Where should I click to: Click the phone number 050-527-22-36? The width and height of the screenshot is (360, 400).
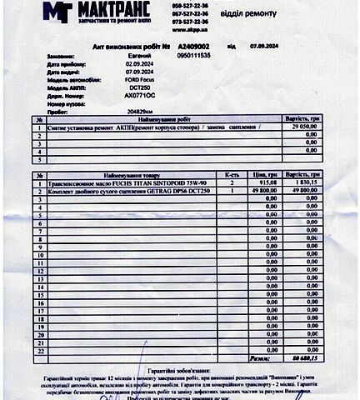[x=191, y=5]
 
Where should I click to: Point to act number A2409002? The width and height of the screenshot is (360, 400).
[x=193, y=46]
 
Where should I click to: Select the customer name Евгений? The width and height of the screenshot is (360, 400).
[x=136, y=55]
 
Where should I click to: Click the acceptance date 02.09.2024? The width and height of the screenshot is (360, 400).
[x=140, y=63]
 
